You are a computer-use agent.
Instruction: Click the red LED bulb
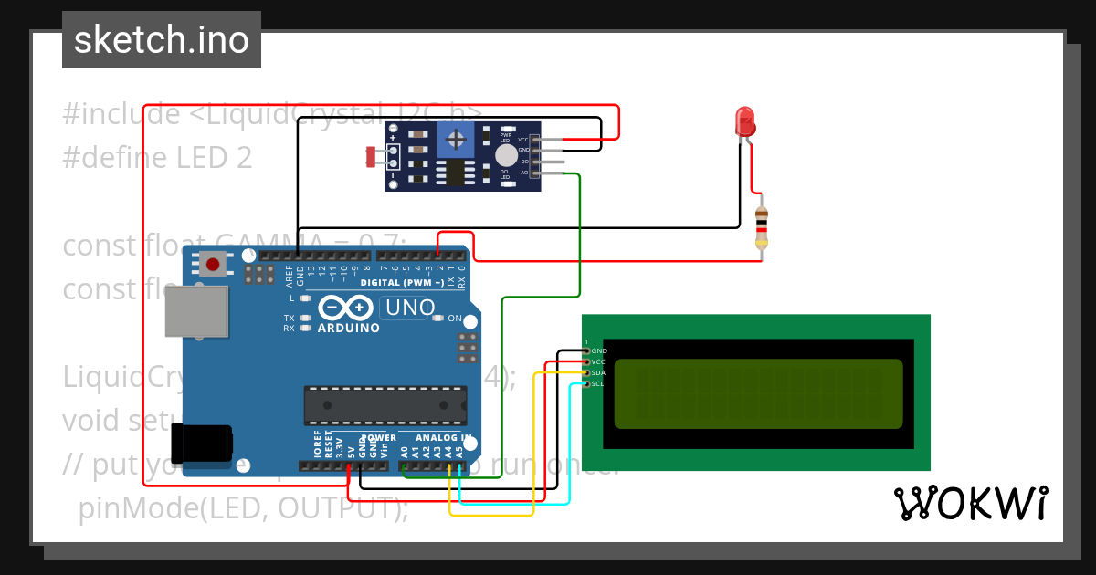tap(745, 121)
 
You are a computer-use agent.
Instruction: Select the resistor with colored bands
tap(762, 226)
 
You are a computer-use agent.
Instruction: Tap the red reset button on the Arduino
tap(213, 265)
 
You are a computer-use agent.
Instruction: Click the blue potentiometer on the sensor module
tap(454, 139)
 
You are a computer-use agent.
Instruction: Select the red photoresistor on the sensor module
tap(371, 157)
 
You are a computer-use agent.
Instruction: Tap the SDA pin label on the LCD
tap(598, 373)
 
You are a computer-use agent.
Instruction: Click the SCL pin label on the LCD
tap(597, 384)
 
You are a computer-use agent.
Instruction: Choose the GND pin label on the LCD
tap(599, 351)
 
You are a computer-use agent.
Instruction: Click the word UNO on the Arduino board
tap(410, 308)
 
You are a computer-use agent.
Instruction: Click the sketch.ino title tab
tap(162, 40)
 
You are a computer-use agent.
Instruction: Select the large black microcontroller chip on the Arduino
tap(385, 406)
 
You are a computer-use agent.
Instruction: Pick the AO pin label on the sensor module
tap(524, 172)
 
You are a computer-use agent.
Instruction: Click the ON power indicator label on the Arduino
tap(454, 318)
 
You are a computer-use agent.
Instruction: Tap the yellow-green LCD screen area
tap(758, 393)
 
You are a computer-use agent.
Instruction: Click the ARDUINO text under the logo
tap(348, 328)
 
